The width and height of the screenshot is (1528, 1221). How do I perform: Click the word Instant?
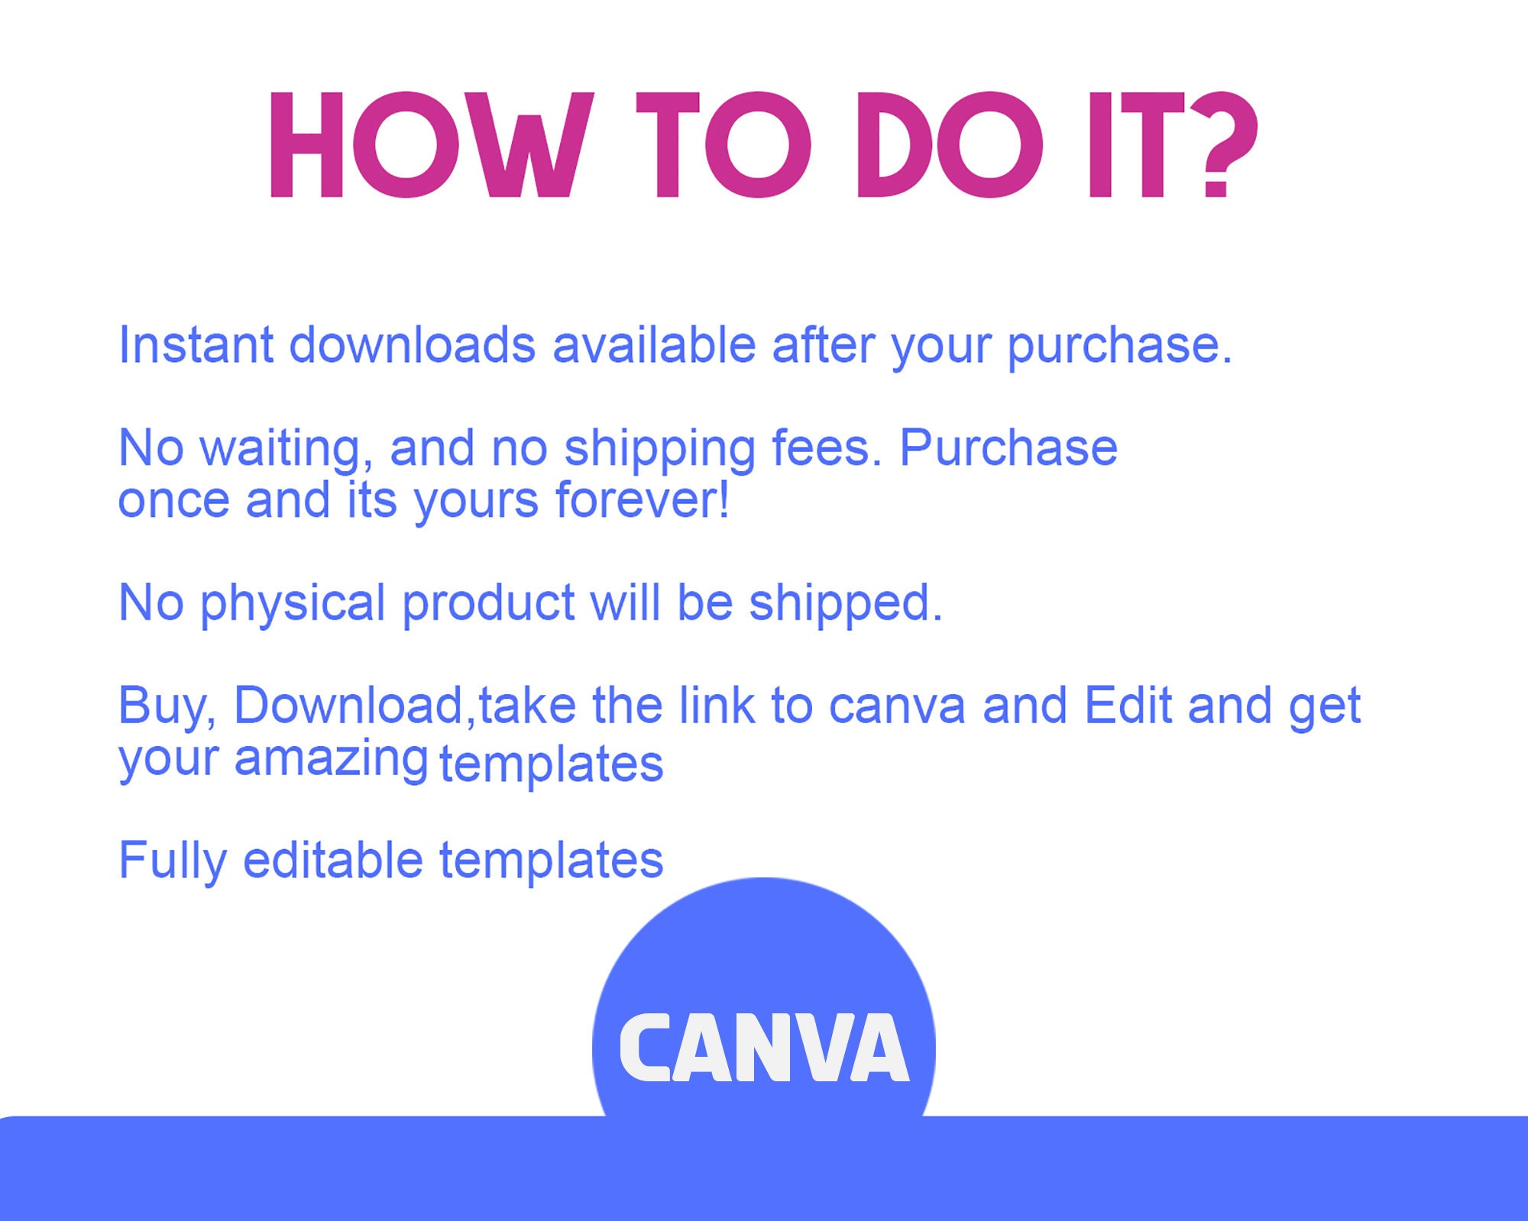click(x=196, y=345)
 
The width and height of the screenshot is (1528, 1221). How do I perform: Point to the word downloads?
click(x=412, y=345)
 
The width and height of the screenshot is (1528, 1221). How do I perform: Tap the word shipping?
click(x=659, y=448)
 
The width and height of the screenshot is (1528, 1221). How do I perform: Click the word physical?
click(x=293, y=604)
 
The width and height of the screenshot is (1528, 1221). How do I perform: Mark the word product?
click(x=488, y=604)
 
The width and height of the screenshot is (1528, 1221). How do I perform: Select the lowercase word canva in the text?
click(x=897, y=706)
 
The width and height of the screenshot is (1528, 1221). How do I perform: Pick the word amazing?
click(x=330, y=760)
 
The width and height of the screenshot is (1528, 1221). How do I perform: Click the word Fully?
click(x=173, y=861)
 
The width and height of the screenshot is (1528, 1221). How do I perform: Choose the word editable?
click(x=332, y=860)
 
